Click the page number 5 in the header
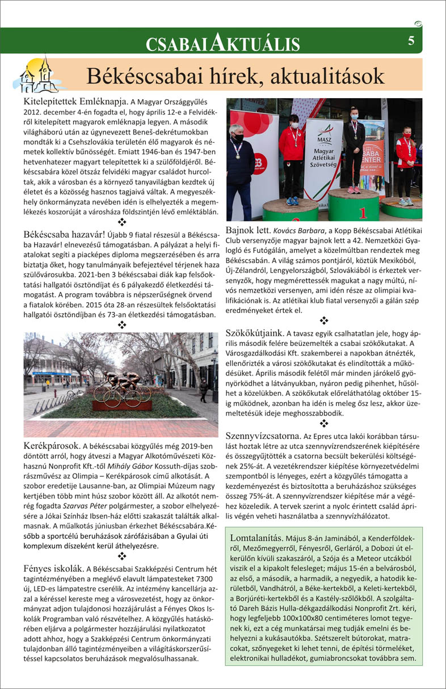411,41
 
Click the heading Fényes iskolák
54,568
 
